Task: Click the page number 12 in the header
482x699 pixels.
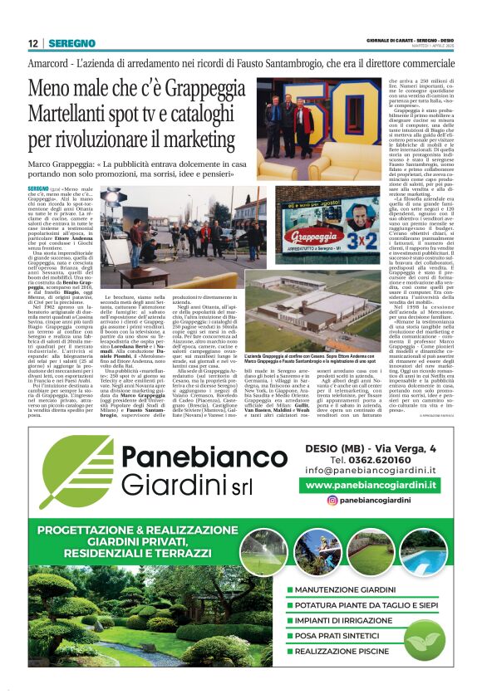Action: coord(32,43)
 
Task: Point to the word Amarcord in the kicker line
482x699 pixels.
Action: coord(49,64)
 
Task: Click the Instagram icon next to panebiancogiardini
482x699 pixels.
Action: coord(332,501)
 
